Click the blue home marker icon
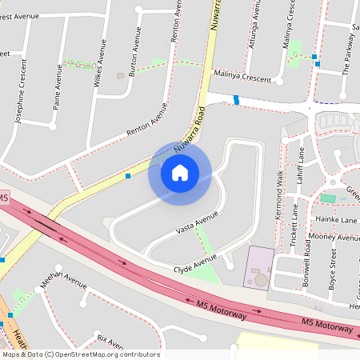click(180, 173)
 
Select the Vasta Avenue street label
click(197, 223)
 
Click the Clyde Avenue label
click(195, 264)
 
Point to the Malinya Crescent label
click(243, 76)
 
